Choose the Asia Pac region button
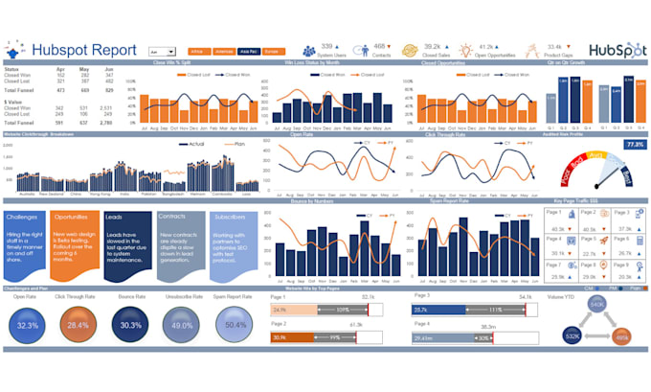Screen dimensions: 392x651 [x=249, y=50]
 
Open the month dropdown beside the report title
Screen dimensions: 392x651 [x=162, y=50]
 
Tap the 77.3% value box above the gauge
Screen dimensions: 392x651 [x=634, y=144]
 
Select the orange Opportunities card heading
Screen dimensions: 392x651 [x=72, y=218]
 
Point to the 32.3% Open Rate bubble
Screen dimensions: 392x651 [x=27, y=325]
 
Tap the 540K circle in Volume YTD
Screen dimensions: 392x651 [x=597, y=305]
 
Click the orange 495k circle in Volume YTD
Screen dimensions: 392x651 [x=621, y=337]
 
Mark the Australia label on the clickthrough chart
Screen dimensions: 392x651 [x=29, y=192]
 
